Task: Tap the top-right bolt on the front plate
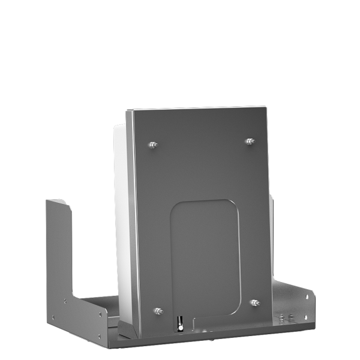(250, 142)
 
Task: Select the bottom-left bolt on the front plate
(158, 311)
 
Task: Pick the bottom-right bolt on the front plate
(254, 302)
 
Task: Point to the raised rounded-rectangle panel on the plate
(206, 258)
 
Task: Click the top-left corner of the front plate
(127, 112)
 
